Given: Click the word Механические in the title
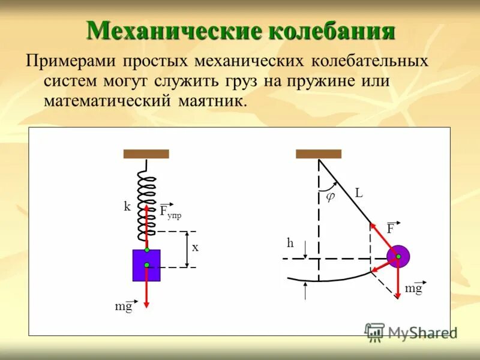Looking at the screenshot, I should coord(173,30).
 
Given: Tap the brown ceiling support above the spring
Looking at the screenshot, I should coord(146,154).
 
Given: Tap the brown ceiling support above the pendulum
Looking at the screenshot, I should coord(319,154).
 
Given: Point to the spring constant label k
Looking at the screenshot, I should coord(127,206).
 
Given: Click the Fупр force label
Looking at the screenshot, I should coord(170,212).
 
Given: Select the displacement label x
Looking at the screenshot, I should coord(195,247).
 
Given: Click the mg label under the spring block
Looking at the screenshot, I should coord(124,307).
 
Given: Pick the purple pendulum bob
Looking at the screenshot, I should coord(398,257).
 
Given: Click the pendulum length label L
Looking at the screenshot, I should coord(359,193).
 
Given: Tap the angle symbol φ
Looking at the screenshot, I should coord(329,196).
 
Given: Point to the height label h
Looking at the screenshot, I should coord(290,243).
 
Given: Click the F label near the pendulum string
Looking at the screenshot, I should coord(391,229).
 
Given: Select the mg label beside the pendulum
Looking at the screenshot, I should coord(414,289).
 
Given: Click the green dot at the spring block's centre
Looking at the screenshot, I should coord(146,265).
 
